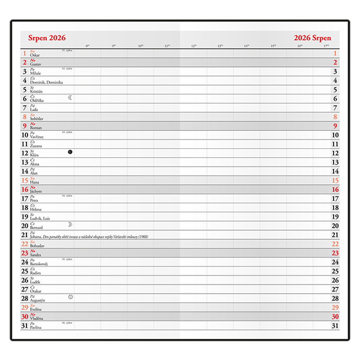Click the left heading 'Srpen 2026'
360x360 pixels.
(47, 38)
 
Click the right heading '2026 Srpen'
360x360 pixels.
(312, 38)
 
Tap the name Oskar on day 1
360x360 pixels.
(34, 55)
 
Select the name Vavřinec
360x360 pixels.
(38, 137)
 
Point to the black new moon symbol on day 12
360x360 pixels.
(70, 152)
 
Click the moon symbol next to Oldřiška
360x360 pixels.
(70, 97)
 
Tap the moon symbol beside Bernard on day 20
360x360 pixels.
(70, 224)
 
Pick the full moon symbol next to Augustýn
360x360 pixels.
(70, 297)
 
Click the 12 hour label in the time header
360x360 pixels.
(194, 46)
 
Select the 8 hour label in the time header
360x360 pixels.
(88, 46)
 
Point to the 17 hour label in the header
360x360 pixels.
(326, 46)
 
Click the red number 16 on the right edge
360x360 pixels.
(335, 189)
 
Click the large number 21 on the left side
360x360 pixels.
(25, 235)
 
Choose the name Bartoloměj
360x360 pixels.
(40, 264)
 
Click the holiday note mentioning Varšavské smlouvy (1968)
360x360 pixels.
(96, 237)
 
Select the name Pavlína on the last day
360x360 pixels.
(37, 328)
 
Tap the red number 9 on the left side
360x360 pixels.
(25, 126)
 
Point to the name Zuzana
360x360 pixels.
(37, 146)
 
